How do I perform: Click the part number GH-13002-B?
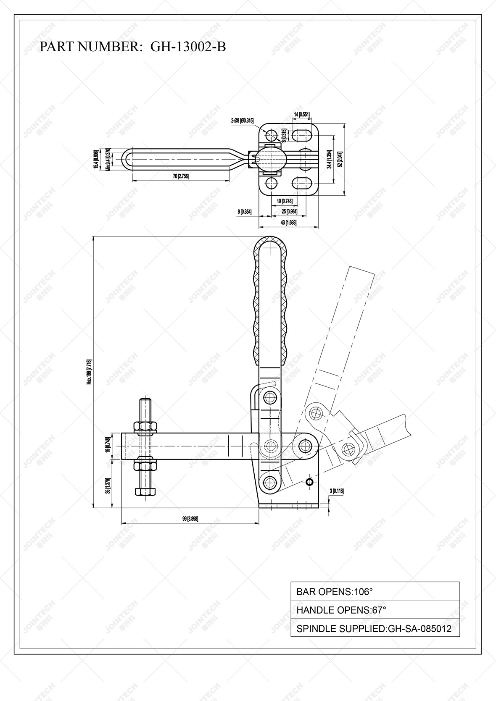point(188,47)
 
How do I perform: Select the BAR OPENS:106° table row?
point(375,592)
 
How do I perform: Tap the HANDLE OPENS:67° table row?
point(375,610)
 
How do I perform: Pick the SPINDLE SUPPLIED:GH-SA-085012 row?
point(375,629)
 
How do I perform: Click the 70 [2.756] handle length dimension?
point(181,176)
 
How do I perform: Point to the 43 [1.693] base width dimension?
point(288,223)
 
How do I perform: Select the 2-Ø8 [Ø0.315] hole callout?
point(242,121)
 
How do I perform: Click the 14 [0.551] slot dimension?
point(301,114)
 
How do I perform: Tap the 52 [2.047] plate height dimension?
point(340,159)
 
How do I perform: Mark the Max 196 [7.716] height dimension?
point(89,372)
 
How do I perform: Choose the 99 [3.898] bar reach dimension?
point(190,519)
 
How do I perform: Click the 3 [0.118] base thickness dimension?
point(337,491)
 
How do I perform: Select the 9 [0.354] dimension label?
point(245,212)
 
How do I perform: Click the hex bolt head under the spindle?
point(145,491)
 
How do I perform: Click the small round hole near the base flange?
point(309,482)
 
